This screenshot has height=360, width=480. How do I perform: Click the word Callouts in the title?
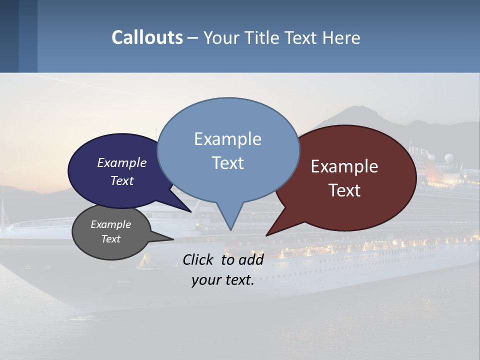147,37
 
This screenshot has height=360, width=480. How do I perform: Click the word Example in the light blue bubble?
227,139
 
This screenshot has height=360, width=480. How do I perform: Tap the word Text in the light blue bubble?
227,163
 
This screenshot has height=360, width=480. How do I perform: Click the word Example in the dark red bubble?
344,166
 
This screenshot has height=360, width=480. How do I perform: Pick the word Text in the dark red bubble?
344,190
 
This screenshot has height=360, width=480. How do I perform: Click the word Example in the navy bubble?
121,162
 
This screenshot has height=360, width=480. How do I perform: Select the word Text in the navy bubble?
121,180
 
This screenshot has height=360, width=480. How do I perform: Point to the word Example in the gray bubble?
110,224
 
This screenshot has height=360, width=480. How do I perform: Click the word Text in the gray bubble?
110,239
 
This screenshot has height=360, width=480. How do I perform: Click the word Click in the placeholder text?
198,259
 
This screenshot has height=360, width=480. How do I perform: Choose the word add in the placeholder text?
251,259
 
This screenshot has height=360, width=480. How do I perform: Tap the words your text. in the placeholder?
223,280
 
